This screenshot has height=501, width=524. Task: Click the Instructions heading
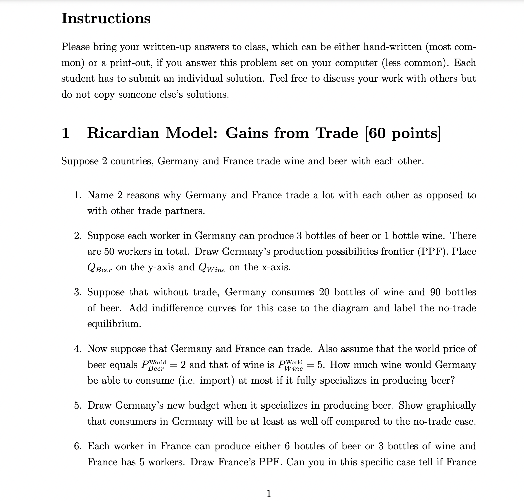pos(106,18)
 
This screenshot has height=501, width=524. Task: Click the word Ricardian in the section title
pos(123,133)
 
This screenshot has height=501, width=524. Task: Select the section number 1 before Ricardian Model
pos(65,133)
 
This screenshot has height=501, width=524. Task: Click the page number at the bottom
pos(269,493)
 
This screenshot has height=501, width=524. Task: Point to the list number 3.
pos(78,292)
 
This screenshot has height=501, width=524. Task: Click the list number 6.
pos(78,446)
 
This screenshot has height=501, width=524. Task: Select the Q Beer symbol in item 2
pos(99,268)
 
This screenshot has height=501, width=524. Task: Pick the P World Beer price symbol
pos(154,365)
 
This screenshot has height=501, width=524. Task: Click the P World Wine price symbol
pos(290,365)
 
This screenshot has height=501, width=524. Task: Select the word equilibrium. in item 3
pos(114,324)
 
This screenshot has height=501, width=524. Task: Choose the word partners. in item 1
pos(185,211)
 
